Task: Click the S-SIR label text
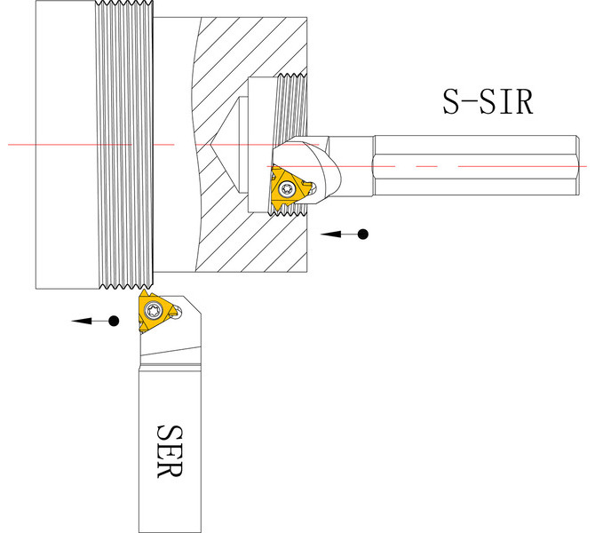point(488,102)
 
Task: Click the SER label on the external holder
point(170,451)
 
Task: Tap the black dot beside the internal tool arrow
point(362,235)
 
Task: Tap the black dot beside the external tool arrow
point(114,322)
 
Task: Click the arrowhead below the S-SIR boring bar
point(330,235)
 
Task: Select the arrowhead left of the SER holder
point(82,322)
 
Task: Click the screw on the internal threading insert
point(286,188)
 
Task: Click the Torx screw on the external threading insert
point(154,311)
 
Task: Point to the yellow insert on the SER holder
point(156,311)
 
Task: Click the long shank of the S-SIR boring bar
point(476,165)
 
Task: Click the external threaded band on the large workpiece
point(124,145)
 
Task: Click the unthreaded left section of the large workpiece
point(65,145)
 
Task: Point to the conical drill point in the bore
point(226,145)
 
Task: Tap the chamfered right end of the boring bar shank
point(577,165)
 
